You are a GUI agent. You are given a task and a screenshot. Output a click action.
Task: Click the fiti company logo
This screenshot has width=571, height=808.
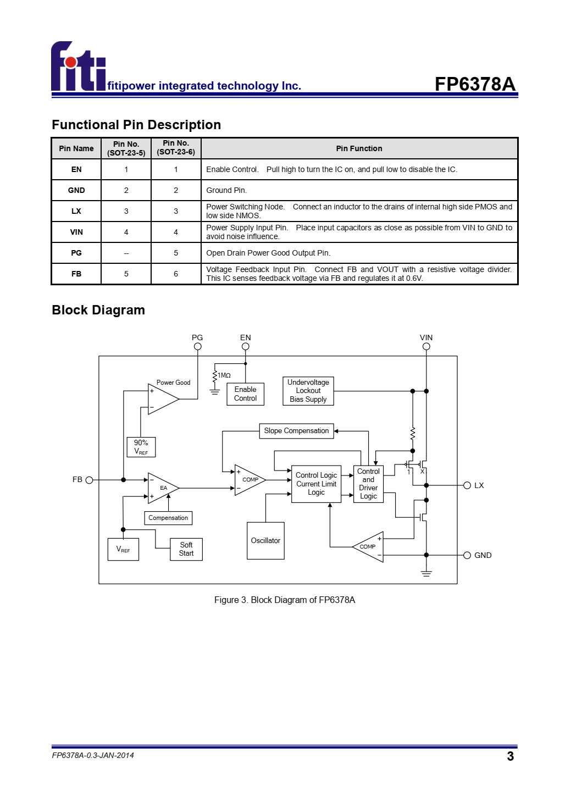point(78,65)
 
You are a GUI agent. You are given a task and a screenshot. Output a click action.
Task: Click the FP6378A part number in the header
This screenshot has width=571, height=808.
point(475,84)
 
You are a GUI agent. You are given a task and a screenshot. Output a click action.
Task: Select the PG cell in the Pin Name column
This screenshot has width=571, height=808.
point(76,253)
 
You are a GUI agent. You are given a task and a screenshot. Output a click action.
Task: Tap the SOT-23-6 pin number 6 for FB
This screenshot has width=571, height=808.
point(176,274)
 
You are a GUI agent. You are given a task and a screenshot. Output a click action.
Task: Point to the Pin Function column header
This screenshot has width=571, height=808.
point(359,148)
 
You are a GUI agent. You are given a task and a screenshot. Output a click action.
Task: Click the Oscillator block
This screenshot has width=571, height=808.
point(265,540)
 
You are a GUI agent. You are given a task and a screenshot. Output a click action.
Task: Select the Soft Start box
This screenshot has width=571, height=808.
point(186,549)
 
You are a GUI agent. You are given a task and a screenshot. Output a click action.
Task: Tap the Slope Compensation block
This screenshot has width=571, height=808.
point(296,431)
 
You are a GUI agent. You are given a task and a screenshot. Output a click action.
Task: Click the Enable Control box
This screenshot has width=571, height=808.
point(245,394)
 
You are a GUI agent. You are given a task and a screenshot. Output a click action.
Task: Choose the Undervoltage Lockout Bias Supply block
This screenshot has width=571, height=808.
point(308,391)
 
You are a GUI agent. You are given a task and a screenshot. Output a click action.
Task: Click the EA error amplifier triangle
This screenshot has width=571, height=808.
point(163,488)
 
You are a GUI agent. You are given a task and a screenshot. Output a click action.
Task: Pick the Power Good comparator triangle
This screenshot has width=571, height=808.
point(163,399)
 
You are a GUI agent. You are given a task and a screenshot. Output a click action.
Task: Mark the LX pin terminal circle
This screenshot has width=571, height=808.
point(467,485)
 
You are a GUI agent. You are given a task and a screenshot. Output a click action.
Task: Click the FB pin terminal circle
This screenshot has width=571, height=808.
point(90,480)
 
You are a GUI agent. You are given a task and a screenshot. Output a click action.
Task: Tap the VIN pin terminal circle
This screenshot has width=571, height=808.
point(426,346)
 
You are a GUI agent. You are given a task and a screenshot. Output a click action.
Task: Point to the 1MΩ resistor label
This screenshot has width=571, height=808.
point(224,375)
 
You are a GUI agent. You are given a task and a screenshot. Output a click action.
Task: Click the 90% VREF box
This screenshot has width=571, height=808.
point(141,447)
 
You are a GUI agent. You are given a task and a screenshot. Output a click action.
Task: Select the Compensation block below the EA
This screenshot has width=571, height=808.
point(168,518)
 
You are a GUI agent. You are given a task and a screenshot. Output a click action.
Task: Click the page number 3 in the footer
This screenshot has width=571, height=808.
point(511,756)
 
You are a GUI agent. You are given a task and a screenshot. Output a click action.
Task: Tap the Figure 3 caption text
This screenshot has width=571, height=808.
point(285,600)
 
